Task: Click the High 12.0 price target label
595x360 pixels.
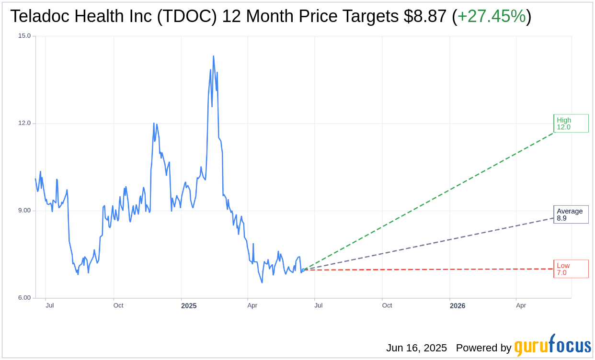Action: click(x=571, y=124)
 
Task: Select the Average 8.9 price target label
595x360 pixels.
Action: click(x=571, y=214)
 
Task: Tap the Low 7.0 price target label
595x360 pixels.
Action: click(x=571, y=269)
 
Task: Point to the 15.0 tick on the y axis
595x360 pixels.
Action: click(x=24, y=36)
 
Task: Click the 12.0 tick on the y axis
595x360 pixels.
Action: click(x=24, y=123)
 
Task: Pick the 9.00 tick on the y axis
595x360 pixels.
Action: click(x=24, y=211)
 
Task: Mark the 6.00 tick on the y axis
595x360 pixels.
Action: click(x=24, y=298)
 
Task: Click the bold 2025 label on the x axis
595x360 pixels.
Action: click(x=189, y=305)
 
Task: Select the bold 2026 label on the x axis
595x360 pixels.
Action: click(x=457, y=305)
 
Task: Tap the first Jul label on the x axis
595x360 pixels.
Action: click(x=49, y=305)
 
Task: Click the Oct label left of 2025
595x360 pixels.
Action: click(x=118, y=305)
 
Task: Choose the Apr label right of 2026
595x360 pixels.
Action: click(x=521, y=305)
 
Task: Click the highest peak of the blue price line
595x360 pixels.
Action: click(x=213, y=56)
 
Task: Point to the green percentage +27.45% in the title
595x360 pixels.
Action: click(x=491, y=16)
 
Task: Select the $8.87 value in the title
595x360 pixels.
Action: click(x=425, y=16)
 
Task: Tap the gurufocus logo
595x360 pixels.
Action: click(x=552, y=346)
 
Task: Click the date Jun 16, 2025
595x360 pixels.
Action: click(x=416, y=348)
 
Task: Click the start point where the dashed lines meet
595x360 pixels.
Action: click(x=303, y=270)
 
